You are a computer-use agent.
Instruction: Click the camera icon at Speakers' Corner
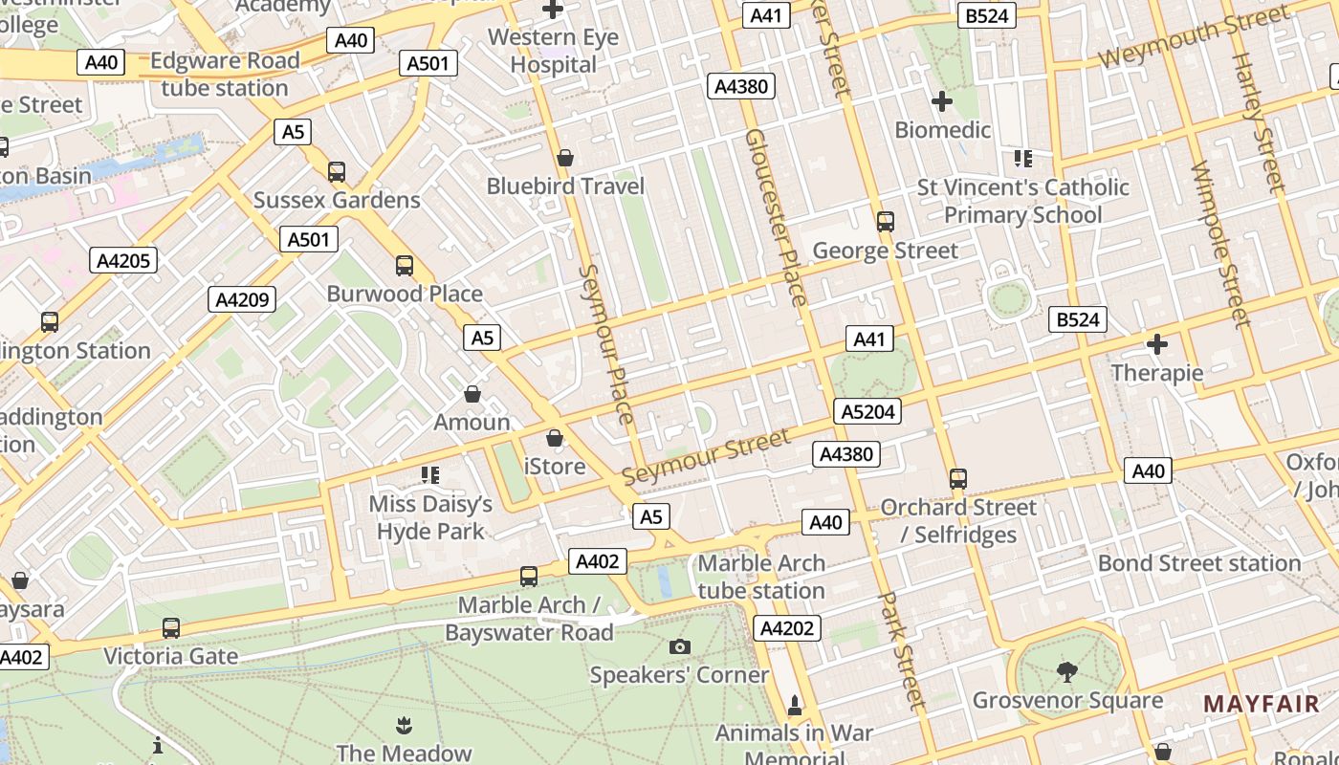point(680,647)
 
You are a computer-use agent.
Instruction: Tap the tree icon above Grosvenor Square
point(1066,672)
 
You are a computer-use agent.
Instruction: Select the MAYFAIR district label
point(1261,705)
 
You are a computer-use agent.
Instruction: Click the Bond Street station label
point(1198,563)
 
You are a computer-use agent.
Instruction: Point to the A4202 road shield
point(787,628)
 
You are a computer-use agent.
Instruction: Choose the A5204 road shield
point(867,412)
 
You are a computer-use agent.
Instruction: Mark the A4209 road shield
point(242,300)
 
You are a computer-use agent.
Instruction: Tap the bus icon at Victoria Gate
point(171,628)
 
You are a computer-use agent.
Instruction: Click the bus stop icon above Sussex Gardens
point(337,172)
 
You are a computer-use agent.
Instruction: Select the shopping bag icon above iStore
point(554,439)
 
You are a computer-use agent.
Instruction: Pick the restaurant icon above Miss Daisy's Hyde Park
point(430,474)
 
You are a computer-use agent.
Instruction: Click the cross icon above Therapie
point(1157,344)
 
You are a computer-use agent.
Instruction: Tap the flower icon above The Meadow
point(404,725)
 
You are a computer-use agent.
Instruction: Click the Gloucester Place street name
point(776,218)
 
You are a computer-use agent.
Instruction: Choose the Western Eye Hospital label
point(553,52)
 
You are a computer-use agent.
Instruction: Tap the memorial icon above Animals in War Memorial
point(794,706)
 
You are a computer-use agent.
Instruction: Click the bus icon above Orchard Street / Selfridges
point(958,478)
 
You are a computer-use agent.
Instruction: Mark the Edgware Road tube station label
point(225,74)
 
